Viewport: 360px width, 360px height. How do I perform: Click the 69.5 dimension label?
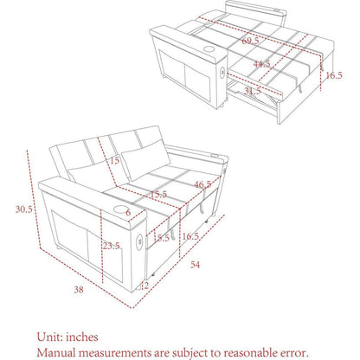point(250,41)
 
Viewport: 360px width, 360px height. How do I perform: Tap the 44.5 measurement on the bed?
point(261,64)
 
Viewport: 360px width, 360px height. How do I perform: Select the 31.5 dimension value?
point(253,91)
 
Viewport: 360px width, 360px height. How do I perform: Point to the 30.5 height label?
point(24,209)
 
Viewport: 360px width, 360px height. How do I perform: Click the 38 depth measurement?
point(79,290)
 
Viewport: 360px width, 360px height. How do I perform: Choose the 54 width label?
point(196,265)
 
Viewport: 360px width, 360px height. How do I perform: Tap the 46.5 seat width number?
point(202,184)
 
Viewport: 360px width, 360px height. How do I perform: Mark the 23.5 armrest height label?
point(111,246)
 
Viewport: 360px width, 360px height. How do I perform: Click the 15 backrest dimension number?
point(114,160)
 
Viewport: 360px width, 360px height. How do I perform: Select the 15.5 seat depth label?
point(158,195)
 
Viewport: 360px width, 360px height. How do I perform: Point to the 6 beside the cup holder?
point(128,213)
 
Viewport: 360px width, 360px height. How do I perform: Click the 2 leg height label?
point(145,286)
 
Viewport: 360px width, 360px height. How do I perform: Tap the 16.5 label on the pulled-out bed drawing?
point(334,75)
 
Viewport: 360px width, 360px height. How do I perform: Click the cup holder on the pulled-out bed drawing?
point(209,48)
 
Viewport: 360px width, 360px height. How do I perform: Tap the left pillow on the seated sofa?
point(90,175)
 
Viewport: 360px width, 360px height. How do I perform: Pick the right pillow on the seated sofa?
point(146,160)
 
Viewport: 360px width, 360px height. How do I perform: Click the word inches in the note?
point(82,337)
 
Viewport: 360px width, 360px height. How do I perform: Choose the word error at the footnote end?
point(293,353)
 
